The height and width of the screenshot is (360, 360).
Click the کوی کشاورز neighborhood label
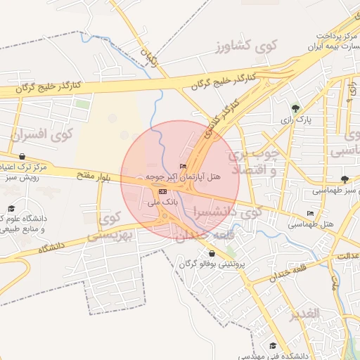click(247, 46)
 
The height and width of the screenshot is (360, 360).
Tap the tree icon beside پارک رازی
click(295, 108)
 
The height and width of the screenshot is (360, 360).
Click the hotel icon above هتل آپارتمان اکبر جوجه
click(184, 167)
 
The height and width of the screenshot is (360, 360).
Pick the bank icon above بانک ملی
click(163, 191)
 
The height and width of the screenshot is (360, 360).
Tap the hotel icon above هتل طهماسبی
click(311, 213)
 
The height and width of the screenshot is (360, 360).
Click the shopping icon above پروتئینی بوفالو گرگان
click(212, 253)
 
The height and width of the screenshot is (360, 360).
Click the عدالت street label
click(347, 255)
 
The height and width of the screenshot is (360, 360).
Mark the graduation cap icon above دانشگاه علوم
click(11, 209)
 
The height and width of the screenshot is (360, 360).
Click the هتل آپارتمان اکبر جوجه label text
click(184, 178)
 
